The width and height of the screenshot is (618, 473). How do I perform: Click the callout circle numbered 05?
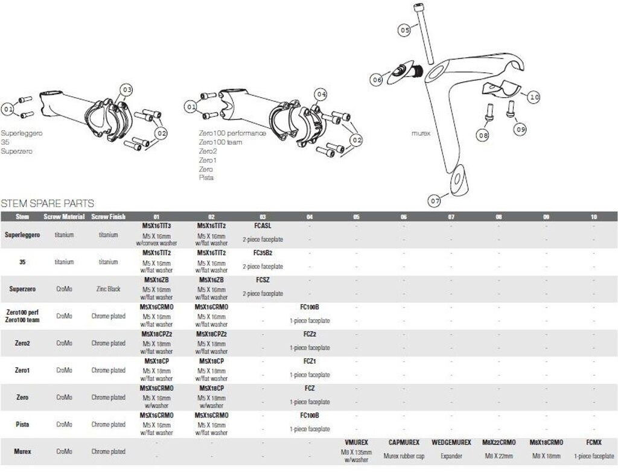click(404, 28)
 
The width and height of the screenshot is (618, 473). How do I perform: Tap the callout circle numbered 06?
click(377, 79)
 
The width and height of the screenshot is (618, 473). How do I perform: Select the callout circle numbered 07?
click(435, 199)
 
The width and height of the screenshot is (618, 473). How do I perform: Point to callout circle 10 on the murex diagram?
click(534, 97)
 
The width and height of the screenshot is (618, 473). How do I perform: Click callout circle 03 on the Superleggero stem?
click(126, 90)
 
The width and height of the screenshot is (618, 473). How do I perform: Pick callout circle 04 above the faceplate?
click(321, 94)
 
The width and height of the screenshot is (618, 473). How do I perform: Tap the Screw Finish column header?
click(109, 217)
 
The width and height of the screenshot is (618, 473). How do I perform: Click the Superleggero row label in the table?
click(22, 235)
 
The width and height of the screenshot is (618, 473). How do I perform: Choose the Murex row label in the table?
click(22, 451)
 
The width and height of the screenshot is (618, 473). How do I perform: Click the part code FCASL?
click(263, 226)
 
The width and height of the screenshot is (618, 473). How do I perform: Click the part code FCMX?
click(593, 442)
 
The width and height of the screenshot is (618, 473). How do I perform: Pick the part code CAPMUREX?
click(403, 442)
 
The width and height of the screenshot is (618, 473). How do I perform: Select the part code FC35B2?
click(263, 253)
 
